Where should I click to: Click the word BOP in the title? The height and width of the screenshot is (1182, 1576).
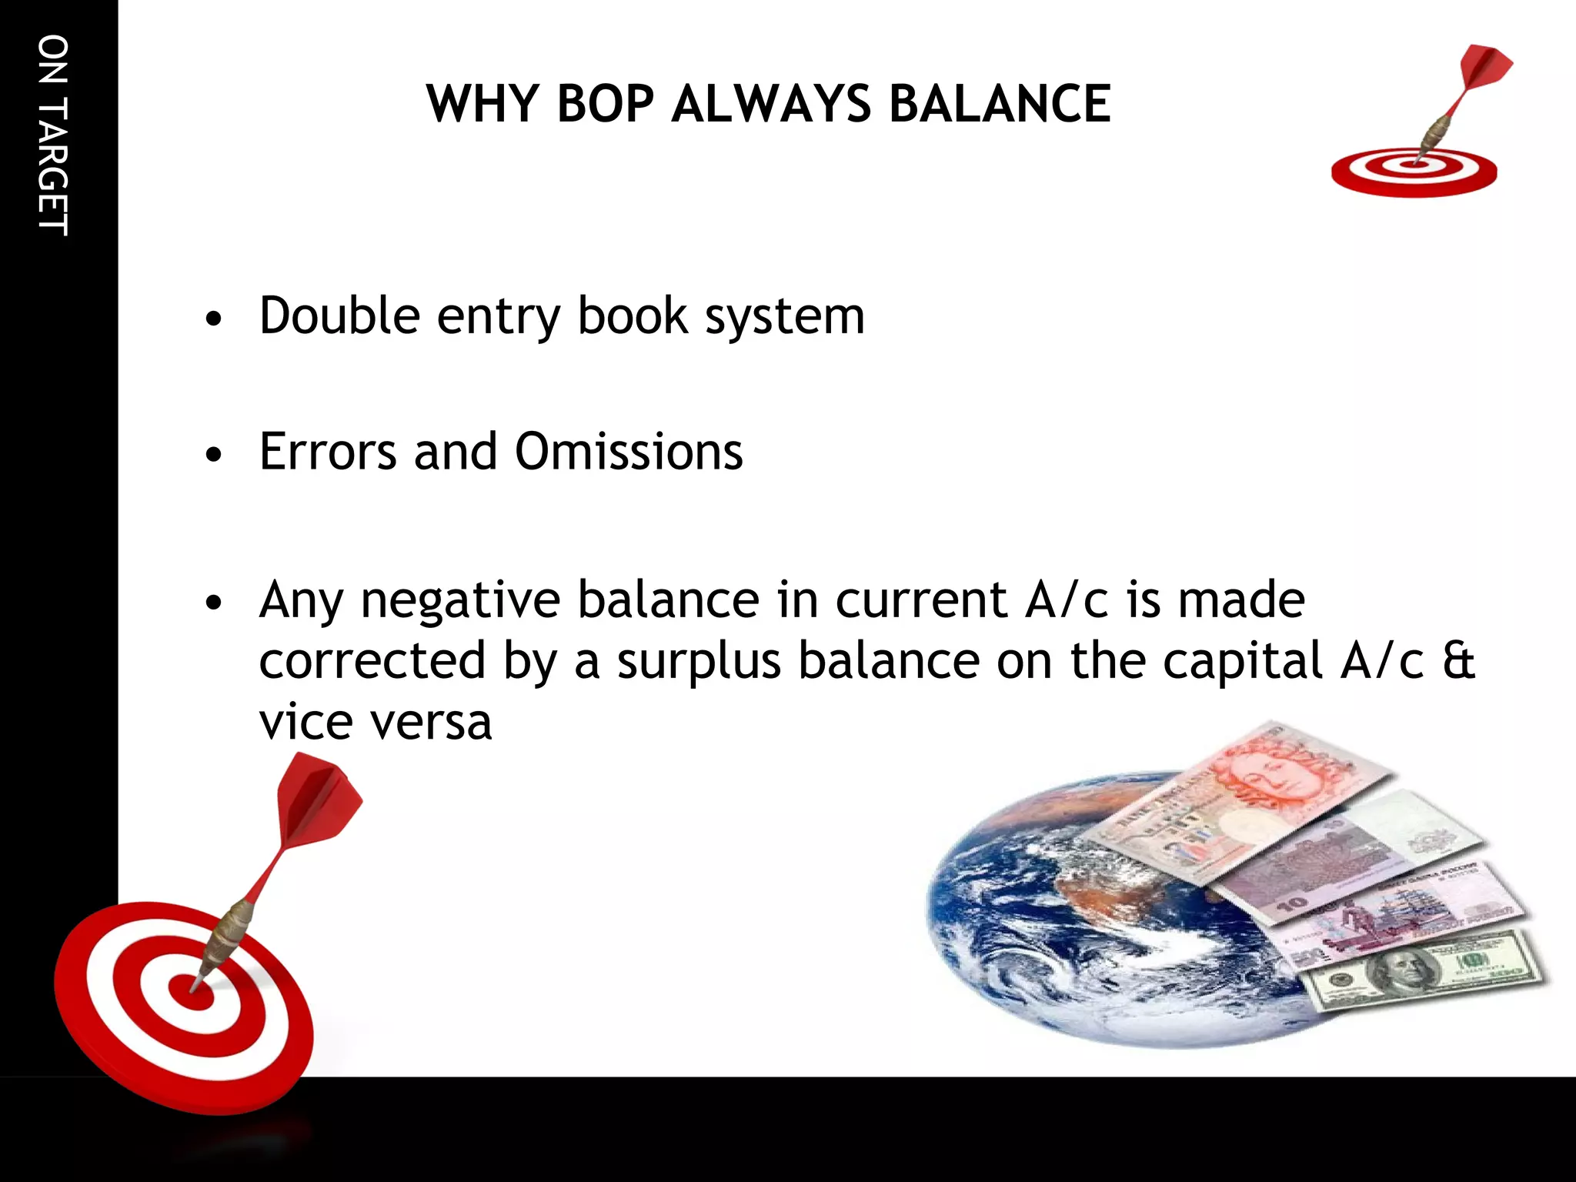coord(605,104)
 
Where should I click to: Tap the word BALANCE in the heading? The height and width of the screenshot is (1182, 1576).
coord(999,104)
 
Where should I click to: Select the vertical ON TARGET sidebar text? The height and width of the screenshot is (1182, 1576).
coord(52,135)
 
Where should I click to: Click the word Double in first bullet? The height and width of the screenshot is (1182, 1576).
coord(339,316)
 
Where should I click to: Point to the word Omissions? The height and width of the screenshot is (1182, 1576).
coord(629,452)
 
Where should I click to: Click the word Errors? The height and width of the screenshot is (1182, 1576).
coord(328,452)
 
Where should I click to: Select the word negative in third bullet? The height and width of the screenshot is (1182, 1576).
coord(460,600)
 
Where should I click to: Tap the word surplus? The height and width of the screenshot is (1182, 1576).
coord(699,661)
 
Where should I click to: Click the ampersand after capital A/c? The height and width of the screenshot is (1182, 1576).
coord(1457,661)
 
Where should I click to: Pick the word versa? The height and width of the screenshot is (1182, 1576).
coord(431,722)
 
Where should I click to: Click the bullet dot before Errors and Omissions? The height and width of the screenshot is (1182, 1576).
coord(214,455)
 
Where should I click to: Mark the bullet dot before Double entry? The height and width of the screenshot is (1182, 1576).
coord(214,319)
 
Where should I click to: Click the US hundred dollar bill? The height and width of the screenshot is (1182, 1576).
coord(1424,970)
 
